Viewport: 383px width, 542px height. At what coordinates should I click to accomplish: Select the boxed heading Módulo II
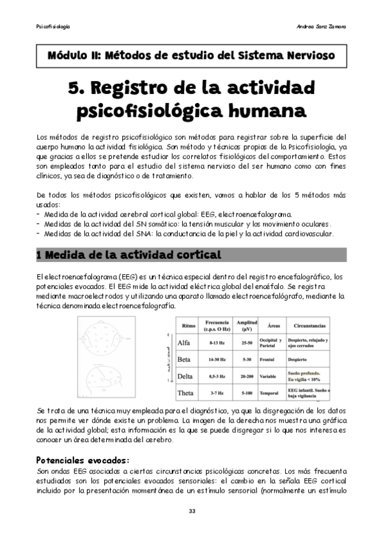click(191, 56)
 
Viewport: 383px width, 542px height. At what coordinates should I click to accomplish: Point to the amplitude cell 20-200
click(243, 376)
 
